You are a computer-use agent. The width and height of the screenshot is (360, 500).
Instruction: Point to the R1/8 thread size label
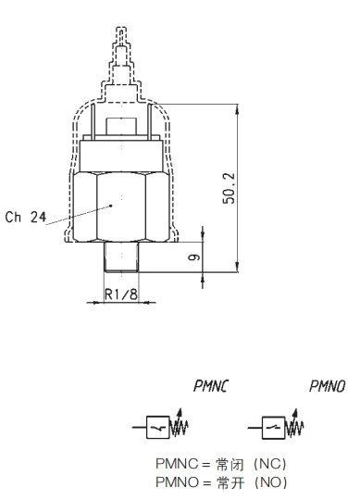tap(121, 294)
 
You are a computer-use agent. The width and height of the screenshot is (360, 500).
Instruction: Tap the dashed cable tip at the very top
tap(121, 36)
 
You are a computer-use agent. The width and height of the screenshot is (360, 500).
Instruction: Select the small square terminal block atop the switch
tap(121, 125)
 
